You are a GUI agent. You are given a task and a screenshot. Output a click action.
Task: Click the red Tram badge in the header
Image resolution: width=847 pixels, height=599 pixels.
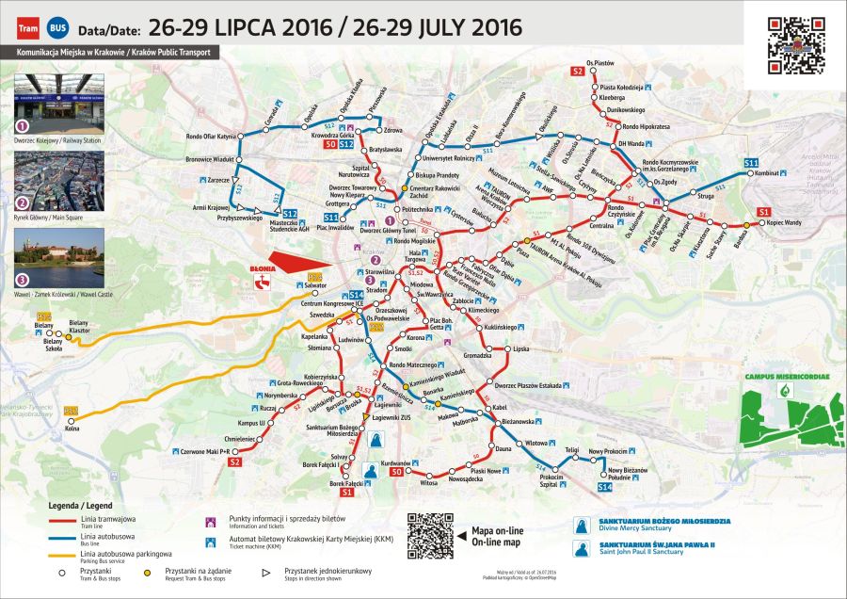click(x=29, y=28)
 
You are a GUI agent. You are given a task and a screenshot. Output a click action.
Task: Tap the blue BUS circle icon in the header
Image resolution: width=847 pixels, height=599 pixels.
click(x=59, y=28)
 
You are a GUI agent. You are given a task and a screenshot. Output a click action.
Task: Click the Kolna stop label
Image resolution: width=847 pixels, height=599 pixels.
click(x=72, y=428)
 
